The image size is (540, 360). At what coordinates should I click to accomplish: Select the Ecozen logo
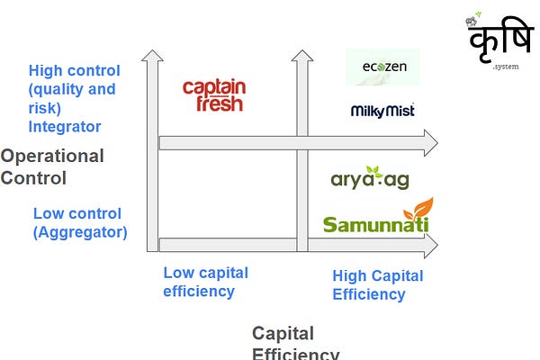tap(382, 67)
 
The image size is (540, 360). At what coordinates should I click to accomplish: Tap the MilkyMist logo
tap(382, 111)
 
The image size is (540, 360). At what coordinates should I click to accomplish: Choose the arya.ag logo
tap(370, 178)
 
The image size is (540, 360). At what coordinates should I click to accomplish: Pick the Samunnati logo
tap(377, 218)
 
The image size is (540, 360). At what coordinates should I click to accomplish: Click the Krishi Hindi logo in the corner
tap(494, 44)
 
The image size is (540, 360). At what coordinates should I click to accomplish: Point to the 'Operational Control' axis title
tap(51, 166)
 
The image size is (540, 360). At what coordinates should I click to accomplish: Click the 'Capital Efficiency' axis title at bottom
tap(296, 343)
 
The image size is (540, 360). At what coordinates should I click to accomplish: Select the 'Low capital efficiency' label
tap(205, 282)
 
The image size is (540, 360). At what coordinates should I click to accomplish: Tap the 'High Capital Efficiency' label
tap(377, 285)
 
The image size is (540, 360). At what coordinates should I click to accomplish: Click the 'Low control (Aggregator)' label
tap(80, 223)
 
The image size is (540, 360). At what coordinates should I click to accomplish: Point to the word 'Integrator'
tap(64, 126)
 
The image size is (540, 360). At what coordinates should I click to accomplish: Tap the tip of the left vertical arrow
tap(152, 56)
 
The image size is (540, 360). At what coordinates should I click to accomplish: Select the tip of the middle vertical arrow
tap(302, 56)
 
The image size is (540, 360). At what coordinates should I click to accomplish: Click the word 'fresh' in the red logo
tap(215, 103)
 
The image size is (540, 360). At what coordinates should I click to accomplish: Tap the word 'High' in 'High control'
tap(46, 70)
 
